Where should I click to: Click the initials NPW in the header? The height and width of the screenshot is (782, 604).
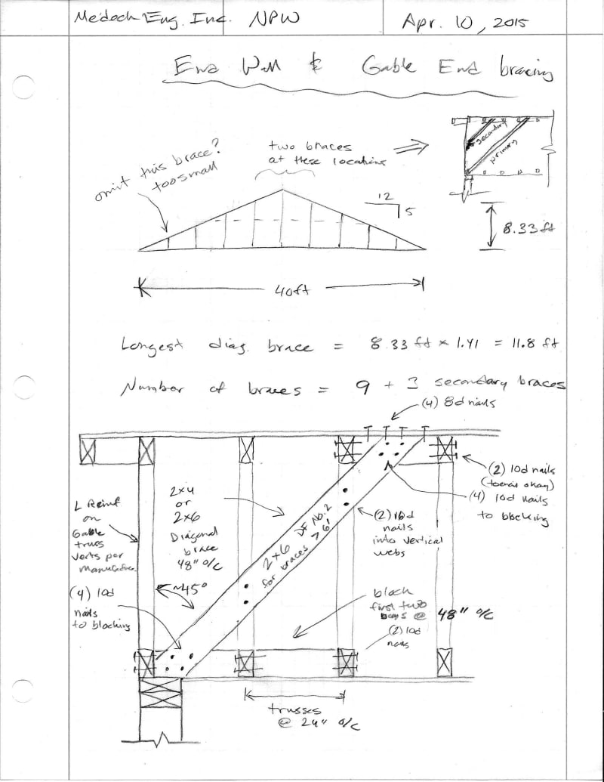[273, 20]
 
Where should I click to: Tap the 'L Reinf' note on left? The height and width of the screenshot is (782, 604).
[108, 533]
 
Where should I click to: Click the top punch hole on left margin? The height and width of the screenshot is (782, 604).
[23, 86]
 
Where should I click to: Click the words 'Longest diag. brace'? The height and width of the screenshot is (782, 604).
[212, 346]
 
